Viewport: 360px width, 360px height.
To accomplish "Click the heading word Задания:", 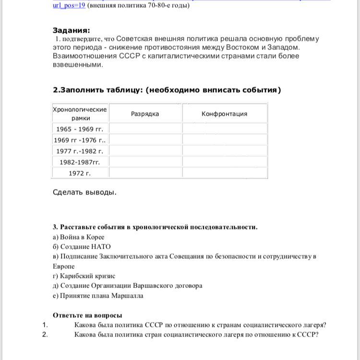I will (x=71, y=30).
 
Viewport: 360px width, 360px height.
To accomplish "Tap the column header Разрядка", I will (x=145, y=114).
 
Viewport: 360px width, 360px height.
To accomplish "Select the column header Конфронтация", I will (x=224, y=114).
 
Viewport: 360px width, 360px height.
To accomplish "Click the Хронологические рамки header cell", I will (x=80, y=114).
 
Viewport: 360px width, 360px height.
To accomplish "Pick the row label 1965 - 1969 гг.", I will (x=80, y=129).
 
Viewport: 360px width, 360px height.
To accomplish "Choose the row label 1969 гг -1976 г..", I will (x=80, y=140).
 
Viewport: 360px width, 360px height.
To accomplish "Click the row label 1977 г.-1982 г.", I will (x=80, y=151).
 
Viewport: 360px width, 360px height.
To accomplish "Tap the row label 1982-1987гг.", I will (x=80, y=162).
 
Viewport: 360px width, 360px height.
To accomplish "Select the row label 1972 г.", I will (x=80, y=173).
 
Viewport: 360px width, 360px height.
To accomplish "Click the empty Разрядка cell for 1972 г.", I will (x=145, y=173).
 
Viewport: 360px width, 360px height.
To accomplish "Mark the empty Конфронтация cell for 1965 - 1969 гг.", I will (x=225, y=129).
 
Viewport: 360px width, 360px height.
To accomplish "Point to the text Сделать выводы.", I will (x=84, y=192).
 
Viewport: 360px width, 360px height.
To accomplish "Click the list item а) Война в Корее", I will (x=79, y=237).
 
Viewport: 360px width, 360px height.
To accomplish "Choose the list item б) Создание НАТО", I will (x=82, y=247).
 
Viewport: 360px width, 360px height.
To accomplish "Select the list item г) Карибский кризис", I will (x=84, y=276).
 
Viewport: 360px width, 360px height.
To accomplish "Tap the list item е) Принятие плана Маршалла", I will (x=98, y=296).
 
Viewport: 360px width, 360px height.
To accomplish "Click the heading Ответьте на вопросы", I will (x=87, y=315).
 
